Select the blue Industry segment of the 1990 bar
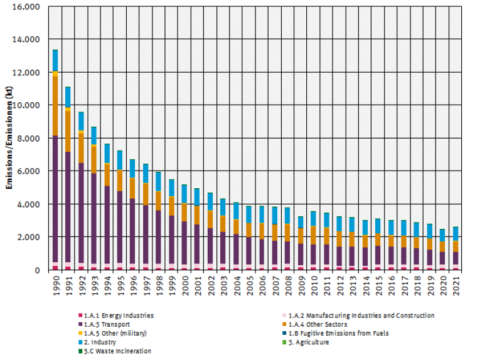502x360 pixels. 55,60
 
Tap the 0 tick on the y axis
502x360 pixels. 38,270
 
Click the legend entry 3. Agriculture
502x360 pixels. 307,342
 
